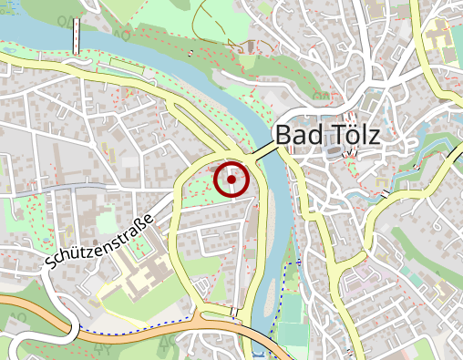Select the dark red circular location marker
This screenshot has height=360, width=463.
pyautogui.click(x=232, y=180)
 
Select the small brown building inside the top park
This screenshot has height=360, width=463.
pyautogui.click(x=251, y=46)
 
